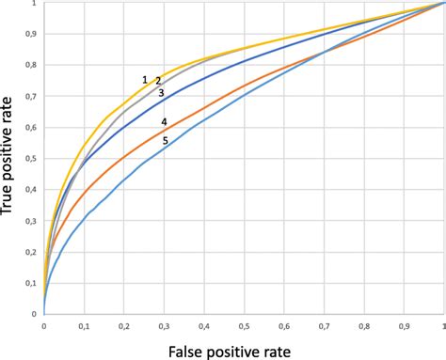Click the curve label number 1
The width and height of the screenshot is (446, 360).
coord(145,80)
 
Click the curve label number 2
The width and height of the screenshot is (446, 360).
coord(158,81)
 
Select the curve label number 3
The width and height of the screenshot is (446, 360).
coord(161,93)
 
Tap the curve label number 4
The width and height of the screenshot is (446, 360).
coord(164,122)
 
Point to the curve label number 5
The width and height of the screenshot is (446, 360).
coord(166,141)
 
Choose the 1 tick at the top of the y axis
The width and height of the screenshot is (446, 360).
coord(35,5)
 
